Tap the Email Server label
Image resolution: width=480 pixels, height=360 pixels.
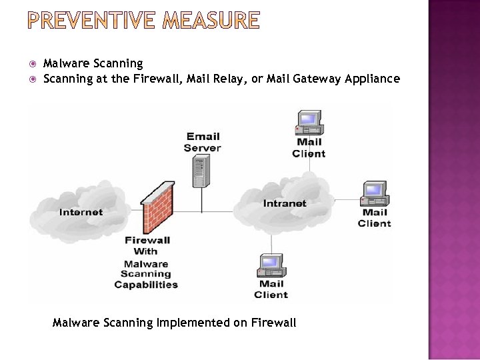coord(202,142)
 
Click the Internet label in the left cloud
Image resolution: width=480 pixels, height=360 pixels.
coord(81,212)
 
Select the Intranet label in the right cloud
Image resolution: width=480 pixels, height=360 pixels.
coord(285,203)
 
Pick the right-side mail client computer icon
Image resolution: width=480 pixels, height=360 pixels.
coord(375,194)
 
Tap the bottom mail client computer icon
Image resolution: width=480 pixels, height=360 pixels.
coord(271,265)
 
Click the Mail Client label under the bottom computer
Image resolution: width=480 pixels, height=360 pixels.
coord(271,289)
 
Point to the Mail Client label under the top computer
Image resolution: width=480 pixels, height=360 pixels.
coord(309,147)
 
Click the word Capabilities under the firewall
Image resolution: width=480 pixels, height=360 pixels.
coord(146,285)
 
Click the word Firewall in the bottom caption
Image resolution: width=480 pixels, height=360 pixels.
coord(273,323)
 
